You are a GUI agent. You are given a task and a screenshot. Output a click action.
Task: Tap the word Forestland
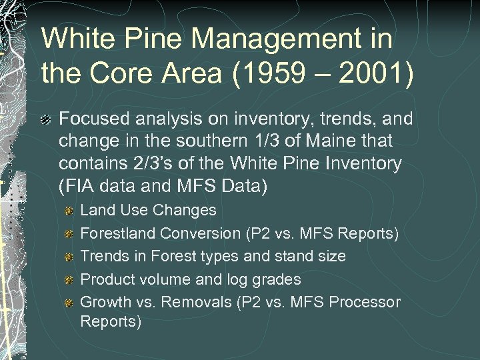click(x=117, y=233)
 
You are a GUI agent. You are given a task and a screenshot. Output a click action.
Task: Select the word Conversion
click(x=192, y=233)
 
